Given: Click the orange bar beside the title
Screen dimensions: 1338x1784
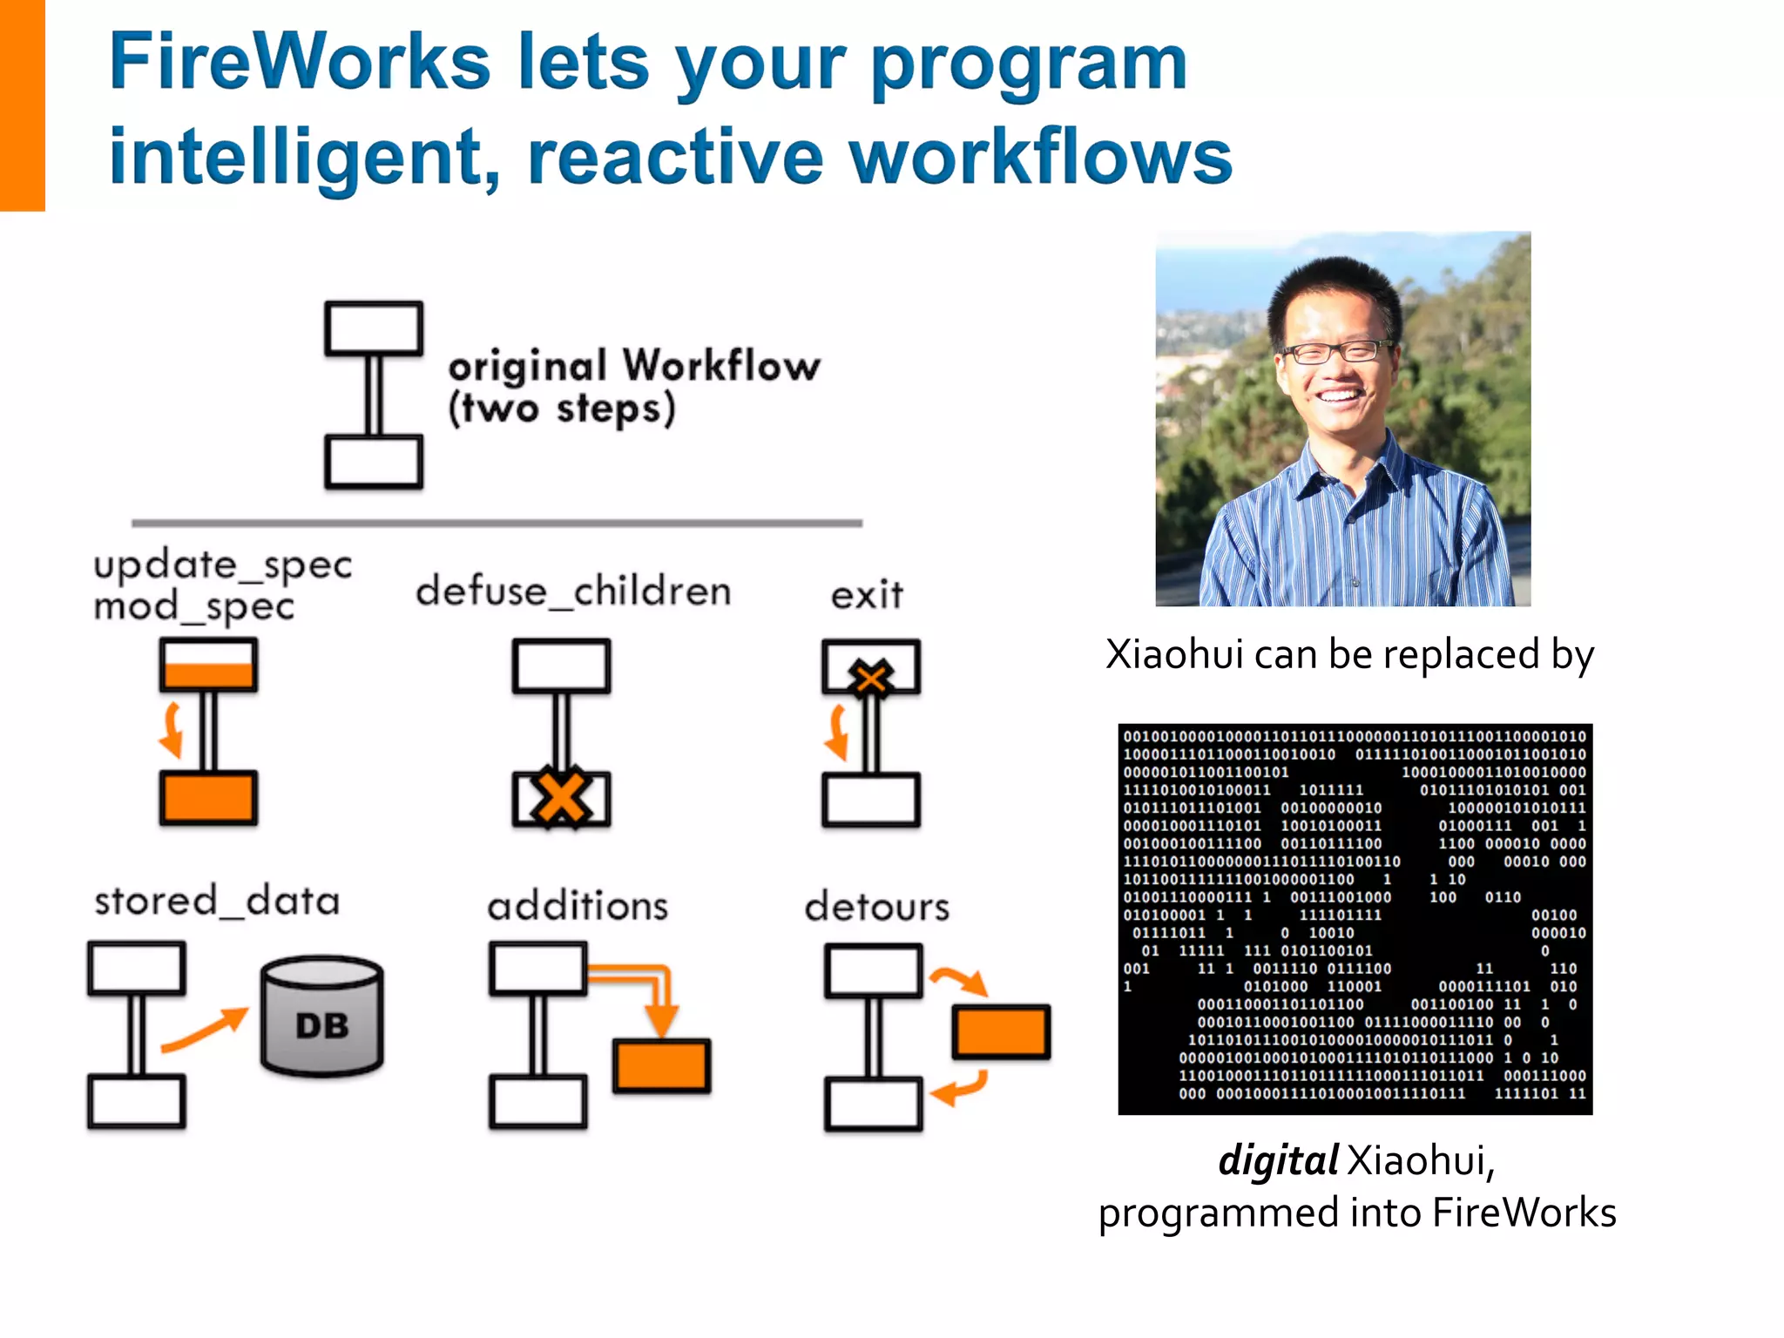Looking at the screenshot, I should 22,105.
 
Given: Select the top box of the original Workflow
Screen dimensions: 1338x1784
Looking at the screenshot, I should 374,328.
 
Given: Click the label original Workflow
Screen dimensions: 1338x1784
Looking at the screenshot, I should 634,365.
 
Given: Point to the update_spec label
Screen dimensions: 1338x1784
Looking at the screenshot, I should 223,564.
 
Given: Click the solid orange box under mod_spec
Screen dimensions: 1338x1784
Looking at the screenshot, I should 208,797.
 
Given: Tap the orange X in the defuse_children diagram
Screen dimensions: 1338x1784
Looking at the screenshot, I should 561,796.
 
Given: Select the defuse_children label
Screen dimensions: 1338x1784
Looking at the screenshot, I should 573,591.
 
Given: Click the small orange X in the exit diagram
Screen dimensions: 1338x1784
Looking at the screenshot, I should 871,677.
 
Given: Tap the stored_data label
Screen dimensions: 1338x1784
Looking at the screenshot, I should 217,901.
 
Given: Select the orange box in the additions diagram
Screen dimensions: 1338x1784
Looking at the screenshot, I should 661,1065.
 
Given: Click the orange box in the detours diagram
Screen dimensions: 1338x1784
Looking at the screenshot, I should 1001,1032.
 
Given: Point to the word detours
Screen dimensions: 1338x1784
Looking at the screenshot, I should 876,907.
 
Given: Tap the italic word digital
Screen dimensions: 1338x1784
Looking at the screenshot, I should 1277,1160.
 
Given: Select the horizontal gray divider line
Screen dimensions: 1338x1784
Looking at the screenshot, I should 497,524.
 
